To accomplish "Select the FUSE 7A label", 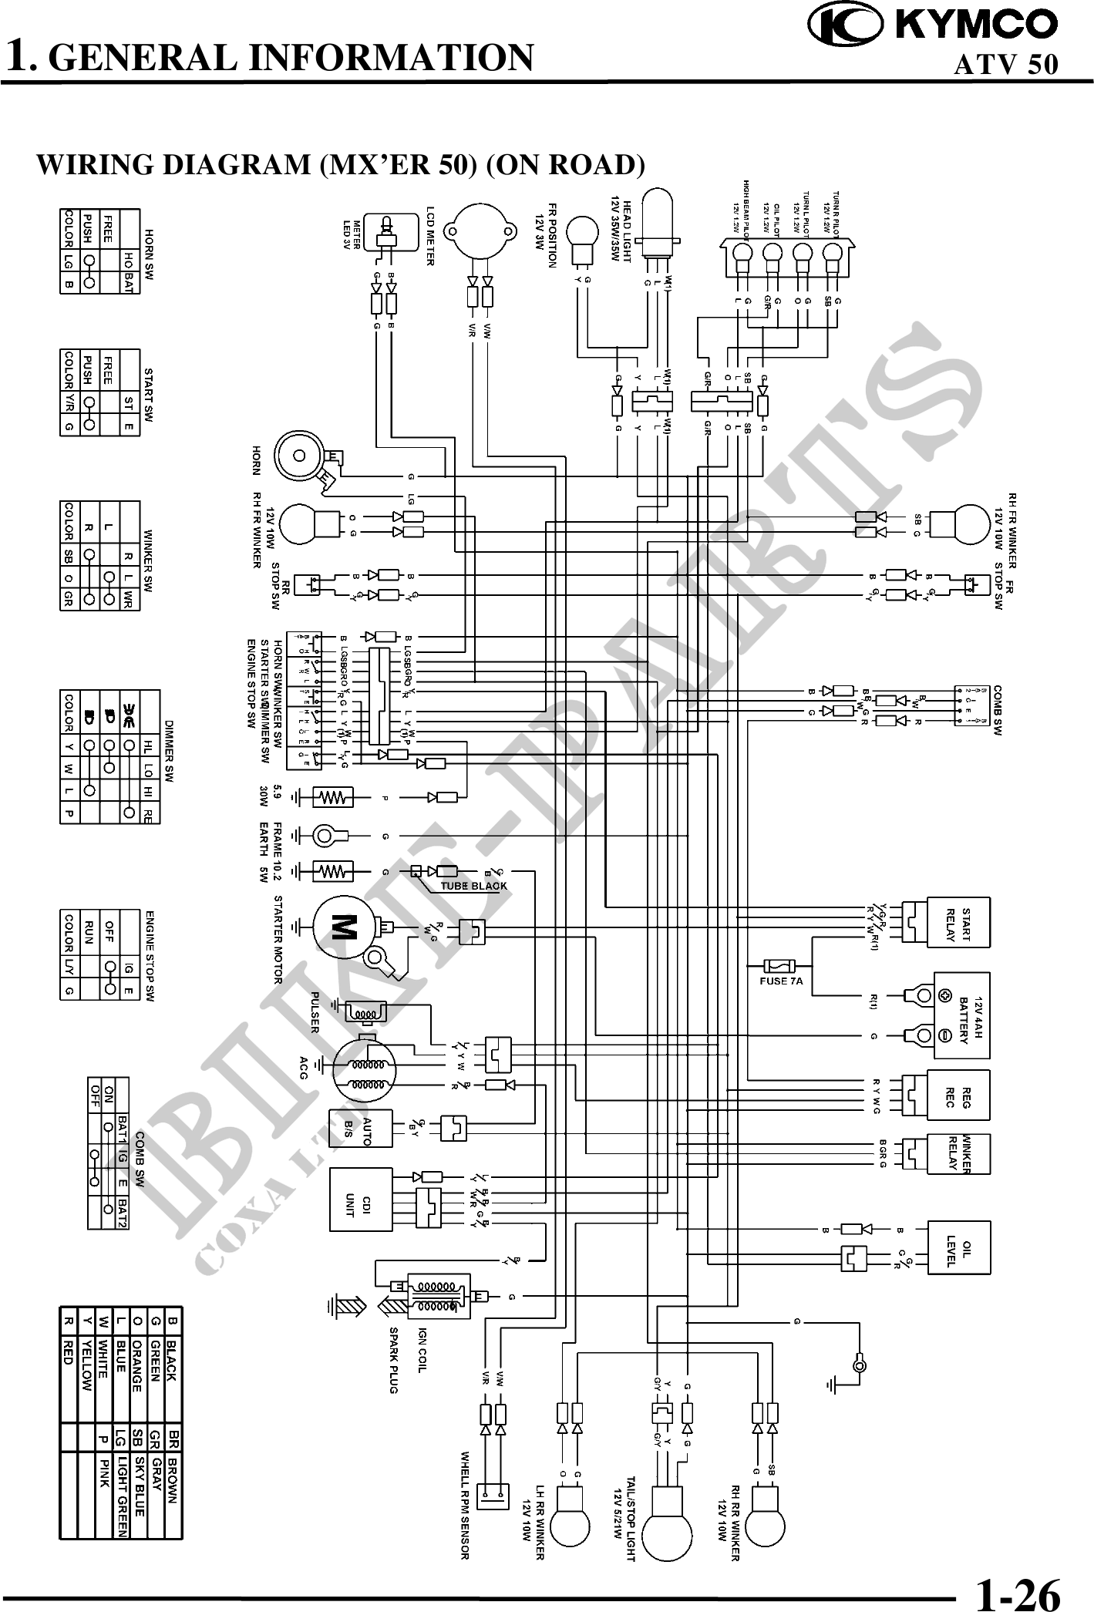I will pyautogui.click(x=782, y=981).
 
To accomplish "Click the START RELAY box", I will pyautogui.click(x=958, y=922).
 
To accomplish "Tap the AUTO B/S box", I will pyautogui.click(x=361, y=1130).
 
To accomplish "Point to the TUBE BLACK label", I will pyautogui.click(x=473, y=886).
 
